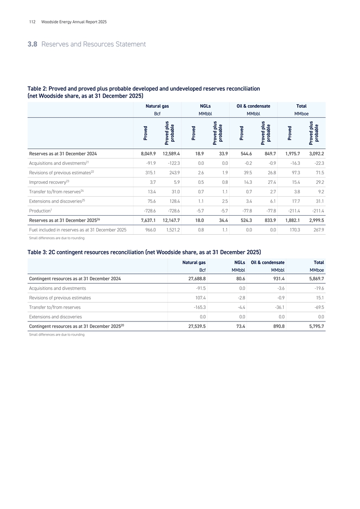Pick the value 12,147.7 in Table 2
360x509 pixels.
(171, 221)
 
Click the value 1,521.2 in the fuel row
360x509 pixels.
(172, 230)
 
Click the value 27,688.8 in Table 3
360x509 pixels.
(194, 278)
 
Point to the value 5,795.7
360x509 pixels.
(314, 326)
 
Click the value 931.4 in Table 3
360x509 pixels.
(277, 278)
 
